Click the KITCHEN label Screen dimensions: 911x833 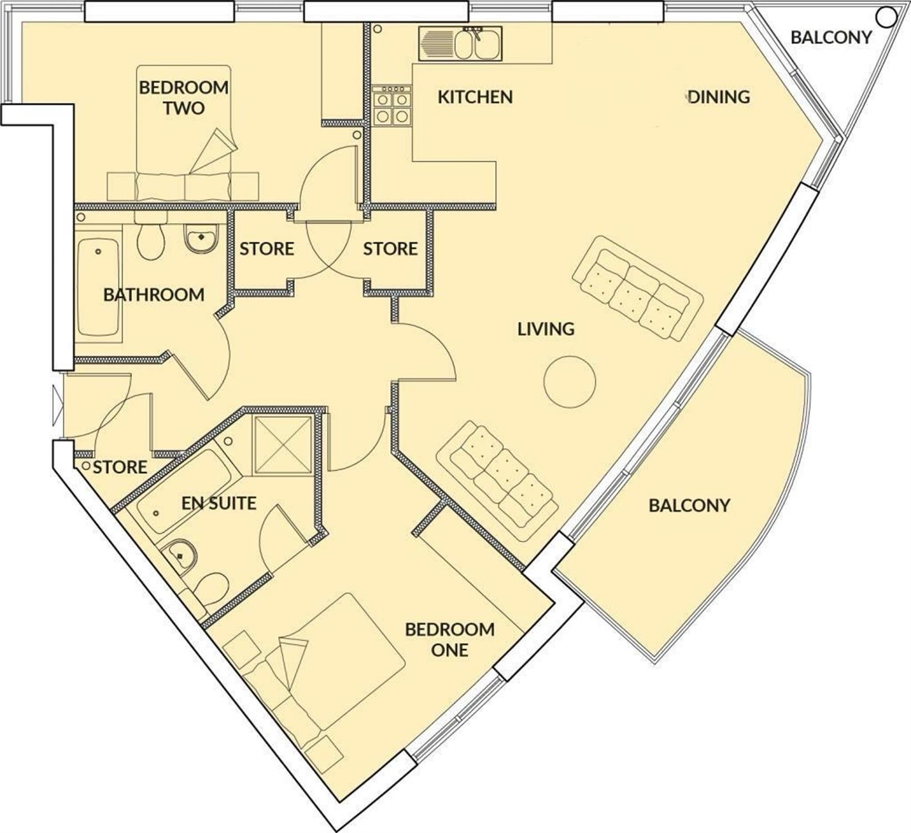point(475,97)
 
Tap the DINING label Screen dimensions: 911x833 point(719,97)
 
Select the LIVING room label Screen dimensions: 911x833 point(546,329)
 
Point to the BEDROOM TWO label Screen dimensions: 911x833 point(184,97)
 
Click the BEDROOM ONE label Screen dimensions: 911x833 point(450,639)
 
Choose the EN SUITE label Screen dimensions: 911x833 point(219,503)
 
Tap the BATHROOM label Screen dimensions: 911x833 point(154,294)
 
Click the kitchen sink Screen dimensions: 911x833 point(460,44)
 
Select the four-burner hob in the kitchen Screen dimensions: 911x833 point(392,106)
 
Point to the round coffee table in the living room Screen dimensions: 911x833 point(570,382)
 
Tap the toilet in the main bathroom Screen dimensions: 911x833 point(150,241)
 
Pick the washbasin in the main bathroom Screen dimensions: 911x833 point(201,239)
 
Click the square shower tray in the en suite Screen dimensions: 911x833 point(283,444)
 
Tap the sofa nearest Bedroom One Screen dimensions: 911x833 point(497,481)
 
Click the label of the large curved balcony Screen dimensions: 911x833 point(689,505)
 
